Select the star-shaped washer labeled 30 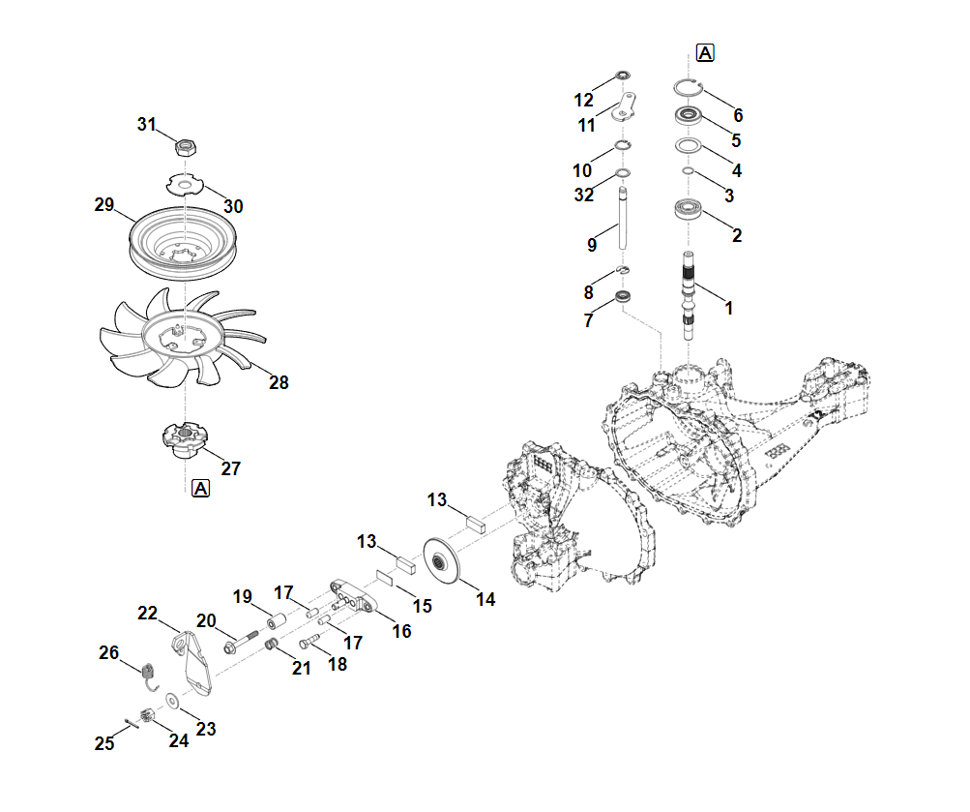(x=181, y=182)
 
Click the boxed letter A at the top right (x=705, y=52)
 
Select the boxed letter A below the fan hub (x=201, y=489)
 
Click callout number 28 (x=279, y=383)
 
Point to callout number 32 (x=583, y=195)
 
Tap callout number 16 (x=400, y=631)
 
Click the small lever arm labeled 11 (x=626, y=105)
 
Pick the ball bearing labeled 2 (x=687, y=210)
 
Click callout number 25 (x=104, y=743)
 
